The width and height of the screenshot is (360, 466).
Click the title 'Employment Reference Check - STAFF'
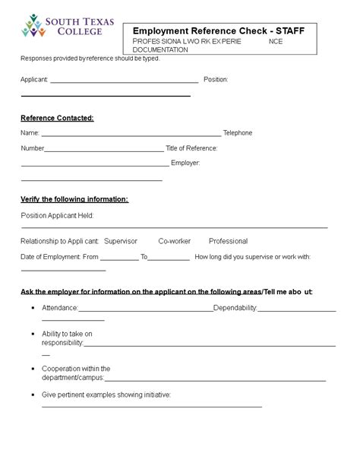click(x=219, y=30)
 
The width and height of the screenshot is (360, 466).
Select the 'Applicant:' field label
click(x=34, y=79)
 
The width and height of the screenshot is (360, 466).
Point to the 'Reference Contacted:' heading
click(x=57, y=118)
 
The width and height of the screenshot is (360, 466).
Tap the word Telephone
click(x=238, y=133)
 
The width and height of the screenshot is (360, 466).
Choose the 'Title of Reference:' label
click(x=191, y=148)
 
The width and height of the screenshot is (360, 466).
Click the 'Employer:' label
click(x=185, y=163)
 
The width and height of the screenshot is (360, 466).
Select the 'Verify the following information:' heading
click(x=74, y=199)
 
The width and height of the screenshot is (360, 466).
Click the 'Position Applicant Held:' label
click(x=57, y=216)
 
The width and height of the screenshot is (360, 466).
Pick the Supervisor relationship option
click(x=120, y=241)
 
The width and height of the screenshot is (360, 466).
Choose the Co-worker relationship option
click(x=174, y=241)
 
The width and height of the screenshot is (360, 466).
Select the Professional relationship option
click(x=228, y=241)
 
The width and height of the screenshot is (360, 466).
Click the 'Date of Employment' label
click(x=50, y=257)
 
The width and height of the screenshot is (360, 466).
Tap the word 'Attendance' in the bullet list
click(x=60, y=308)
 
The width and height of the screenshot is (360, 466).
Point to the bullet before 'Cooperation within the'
click(x=33, y=369)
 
